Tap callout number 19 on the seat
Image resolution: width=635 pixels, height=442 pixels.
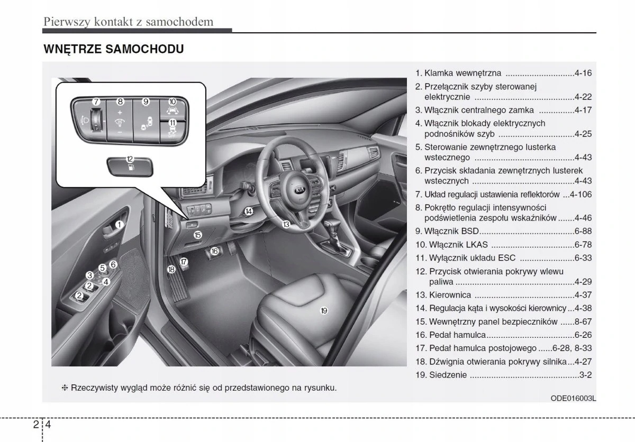[x=324, y=310]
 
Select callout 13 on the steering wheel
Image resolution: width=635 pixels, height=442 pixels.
[x=286, y=224]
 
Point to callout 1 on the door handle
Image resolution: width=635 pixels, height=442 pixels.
[x=120, y=224]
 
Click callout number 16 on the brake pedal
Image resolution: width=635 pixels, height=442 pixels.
[x=214, y=252]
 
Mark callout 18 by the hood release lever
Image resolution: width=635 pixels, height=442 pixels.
[x=171, y=269]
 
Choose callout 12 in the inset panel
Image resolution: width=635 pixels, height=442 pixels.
[x=130, y=158]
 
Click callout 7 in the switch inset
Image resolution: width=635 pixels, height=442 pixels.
[x=95, y=102]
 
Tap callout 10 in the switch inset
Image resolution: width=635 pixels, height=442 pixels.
[x=173, y=101]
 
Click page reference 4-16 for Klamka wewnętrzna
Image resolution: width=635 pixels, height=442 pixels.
[x=583, y=73]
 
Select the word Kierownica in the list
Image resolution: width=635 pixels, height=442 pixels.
[x=442, y=295]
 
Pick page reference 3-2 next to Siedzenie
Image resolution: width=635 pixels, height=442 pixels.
[x=585, y=375]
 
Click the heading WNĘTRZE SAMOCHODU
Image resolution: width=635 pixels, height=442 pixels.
[x=114, y=49]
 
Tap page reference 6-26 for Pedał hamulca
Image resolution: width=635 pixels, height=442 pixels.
[x=583, y=335]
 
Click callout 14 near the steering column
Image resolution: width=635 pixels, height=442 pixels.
[x=248, y=211]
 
